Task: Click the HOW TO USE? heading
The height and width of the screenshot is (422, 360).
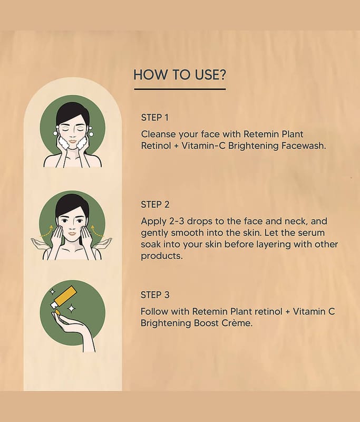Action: pos(180,75)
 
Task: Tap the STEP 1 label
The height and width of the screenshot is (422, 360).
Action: pos(155,118)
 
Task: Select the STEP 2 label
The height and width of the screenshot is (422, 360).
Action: pos(155,205)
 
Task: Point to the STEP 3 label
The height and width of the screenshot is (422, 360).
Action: pos(155,295)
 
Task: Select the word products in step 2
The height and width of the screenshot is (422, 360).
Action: pos(162,256)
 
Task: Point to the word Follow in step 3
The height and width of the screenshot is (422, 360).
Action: pos(154,312)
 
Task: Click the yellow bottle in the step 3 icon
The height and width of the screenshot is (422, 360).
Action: pos(63,298)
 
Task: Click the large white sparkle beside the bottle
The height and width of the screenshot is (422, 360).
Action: pos(71,309)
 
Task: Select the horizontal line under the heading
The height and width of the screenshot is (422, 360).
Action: pos(180,89)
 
